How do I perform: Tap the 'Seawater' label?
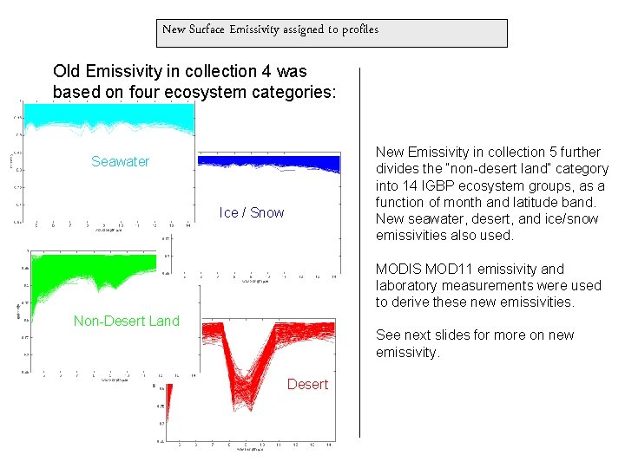point(120,161)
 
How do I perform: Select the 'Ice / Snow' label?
point(252,212)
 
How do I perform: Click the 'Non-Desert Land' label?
point(127,321)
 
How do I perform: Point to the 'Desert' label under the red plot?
point(307,384)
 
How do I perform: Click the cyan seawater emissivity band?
point(104,117)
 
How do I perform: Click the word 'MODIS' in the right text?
point(396,269)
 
